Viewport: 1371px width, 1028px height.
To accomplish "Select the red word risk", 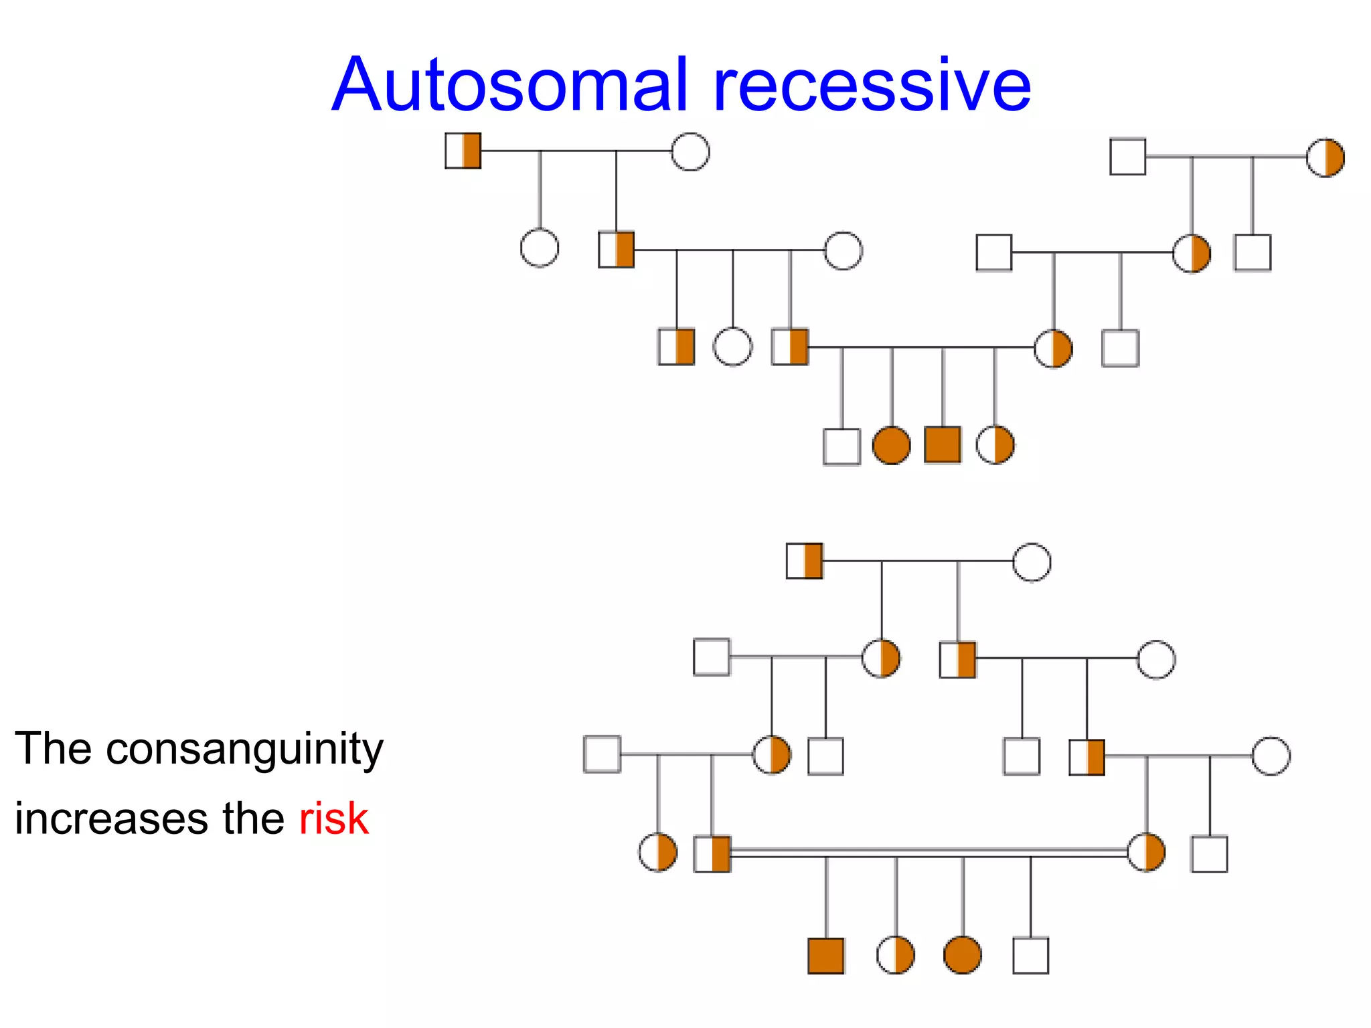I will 333,819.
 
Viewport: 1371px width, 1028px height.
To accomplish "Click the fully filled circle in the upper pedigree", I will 892,446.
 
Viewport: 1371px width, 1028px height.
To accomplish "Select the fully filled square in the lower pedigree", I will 826,956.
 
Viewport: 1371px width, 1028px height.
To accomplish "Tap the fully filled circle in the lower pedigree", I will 963,955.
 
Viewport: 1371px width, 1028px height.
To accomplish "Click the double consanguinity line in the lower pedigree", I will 931,853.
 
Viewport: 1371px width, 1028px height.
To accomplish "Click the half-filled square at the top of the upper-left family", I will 463,151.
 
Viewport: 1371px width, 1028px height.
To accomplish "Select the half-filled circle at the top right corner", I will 1325,158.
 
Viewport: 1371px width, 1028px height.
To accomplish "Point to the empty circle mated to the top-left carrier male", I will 690,152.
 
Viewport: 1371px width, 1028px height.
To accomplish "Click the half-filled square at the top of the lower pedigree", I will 804,561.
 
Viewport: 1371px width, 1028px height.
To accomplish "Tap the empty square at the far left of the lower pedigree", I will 602,754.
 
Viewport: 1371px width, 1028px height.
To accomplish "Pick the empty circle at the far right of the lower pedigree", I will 1271,756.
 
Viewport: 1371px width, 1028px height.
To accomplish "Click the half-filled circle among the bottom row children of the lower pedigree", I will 895,955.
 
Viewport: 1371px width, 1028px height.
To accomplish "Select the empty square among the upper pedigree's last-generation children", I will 841,446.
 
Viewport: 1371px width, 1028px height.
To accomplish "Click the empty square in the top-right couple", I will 1128,157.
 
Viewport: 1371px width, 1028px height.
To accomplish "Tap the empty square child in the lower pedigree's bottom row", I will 1031,956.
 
